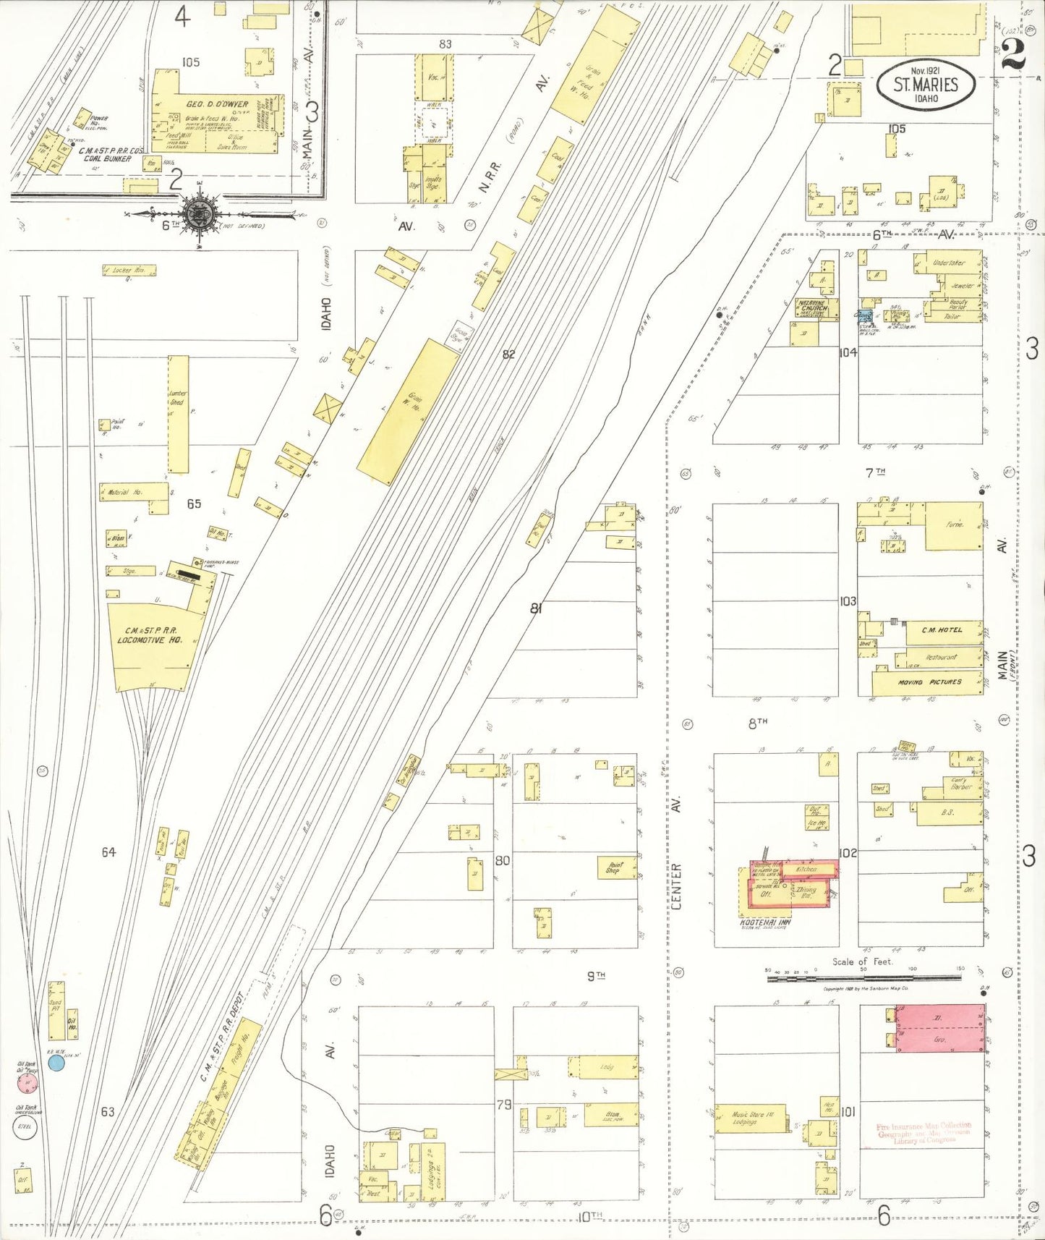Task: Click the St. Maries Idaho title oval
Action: pos(925,85)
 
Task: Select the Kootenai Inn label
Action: pos(765,922)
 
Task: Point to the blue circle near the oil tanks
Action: pos(56,1062)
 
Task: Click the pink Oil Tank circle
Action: pos(27,1083)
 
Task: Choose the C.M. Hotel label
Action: pos(942,630)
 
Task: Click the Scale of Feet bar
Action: pos(864,978)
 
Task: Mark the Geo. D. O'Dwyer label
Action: pos(217,104)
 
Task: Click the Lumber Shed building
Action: pos(178,414)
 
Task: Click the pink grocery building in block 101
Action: pos(939,1028)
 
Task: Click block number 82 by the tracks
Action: pos(508,354)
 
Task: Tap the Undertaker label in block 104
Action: pos(948,263)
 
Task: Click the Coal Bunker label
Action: pos(107,158)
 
